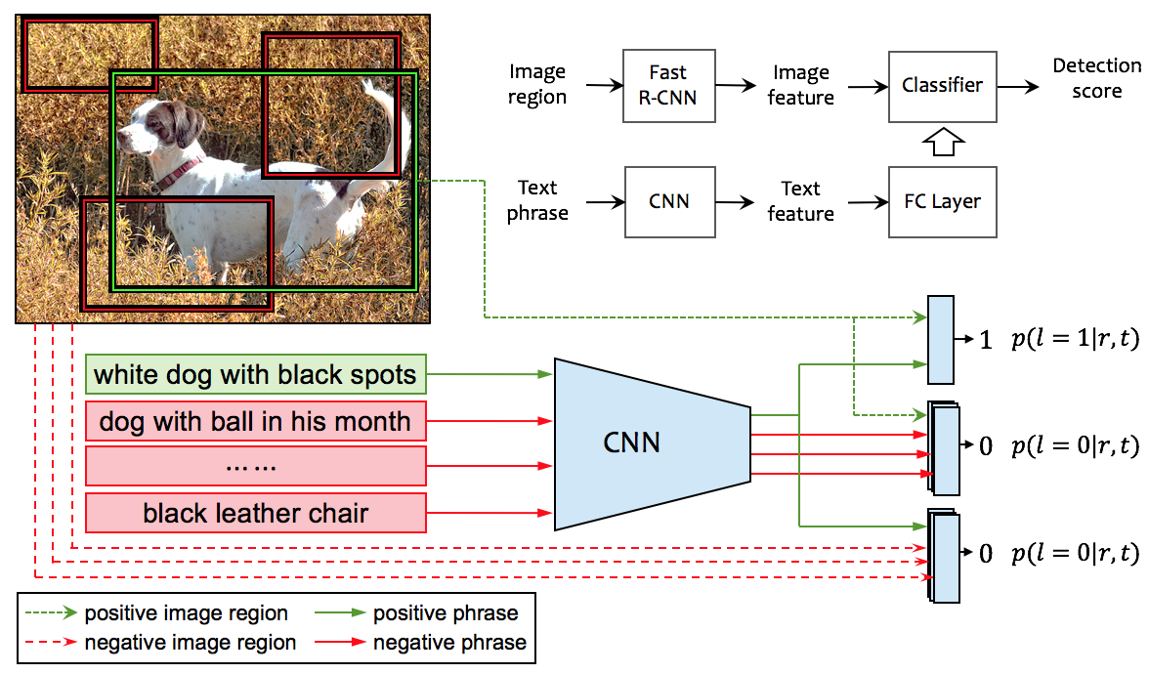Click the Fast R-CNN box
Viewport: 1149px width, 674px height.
coord(668,86)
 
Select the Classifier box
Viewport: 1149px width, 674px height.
coord(942,86)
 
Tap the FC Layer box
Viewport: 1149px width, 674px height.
coord(942,202)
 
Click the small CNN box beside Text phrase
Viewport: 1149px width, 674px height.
coord(668,202)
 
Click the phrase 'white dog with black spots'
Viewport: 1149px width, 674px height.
coord(256,374)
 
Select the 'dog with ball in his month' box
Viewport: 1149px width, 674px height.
coord(256,422)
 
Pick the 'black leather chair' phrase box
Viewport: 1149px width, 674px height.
coord(256,513)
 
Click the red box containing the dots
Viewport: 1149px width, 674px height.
coord(256,466)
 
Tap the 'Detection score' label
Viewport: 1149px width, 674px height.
coord(1096,78)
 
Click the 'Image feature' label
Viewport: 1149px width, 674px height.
coord(801,86)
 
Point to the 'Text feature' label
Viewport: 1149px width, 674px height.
coord(801,201)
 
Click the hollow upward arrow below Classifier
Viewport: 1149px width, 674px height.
coord(943,143)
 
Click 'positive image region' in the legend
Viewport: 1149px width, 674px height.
coord(186,613)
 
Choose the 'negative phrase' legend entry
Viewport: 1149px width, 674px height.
coord(449,643)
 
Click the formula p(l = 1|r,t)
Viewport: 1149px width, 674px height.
coord(1075,340)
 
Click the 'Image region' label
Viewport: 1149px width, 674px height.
coord(537,85)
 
